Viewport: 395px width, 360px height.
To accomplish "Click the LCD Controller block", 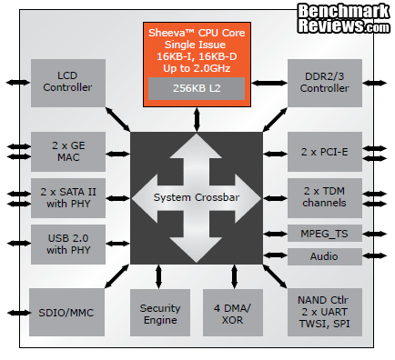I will (67, 81).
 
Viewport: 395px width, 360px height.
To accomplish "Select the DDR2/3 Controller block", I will (325, 81).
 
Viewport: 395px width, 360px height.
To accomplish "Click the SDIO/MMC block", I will (67, 313).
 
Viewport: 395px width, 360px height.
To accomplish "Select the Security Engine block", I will (160, 314).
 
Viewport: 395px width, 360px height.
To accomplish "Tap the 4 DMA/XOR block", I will (232, 314).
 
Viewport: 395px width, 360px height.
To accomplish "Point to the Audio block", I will (325, 257).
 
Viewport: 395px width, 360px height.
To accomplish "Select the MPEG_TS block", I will (325, 233).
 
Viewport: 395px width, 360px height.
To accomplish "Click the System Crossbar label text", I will (197, 198).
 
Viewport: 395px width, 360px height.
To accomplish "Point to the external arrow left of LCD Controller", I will (16, 82).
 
